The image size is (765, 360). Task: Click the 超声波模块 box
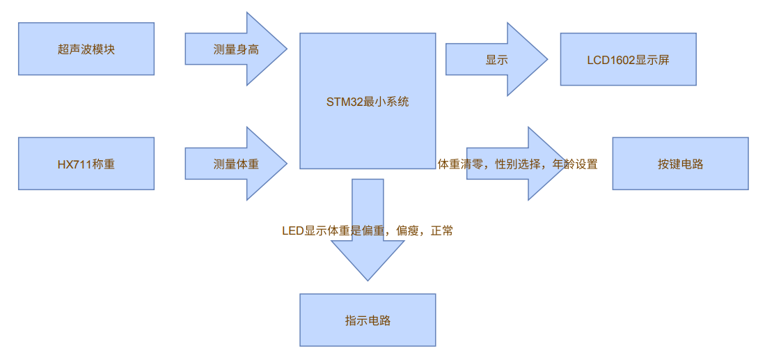tap(86, 49)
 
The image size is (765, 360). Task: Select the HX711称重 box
tap(86, 164)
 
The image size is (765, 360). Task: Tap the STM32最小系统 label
tap(368, 102)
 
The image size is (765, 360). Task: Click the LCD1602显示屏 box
tap(628, 59)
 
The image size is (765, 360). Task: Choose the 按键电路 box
tap(680, 164)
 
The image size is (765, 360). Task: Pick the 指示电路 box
tap(368, 320)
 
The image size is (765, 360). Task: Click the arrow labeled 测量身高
tap(236, 49)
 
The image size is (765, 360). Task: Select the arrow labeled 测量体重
tap(236, 164)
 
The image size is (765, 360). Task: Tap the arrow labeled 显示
tap(496, 59)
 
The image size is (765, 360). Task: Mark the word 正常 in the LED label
tap(442, 231)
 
